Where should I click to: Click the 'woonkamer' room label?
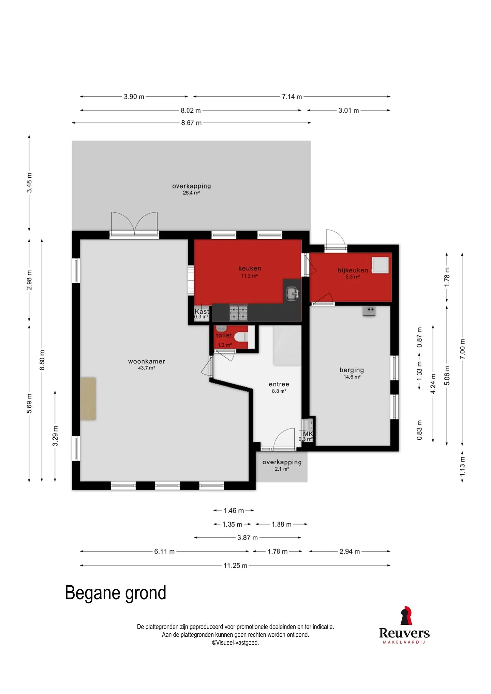tap(147, 361)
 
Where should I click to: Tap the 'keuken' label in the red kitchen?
tap(250, 268)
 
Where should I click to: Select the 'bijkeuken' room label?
tap(353, 270)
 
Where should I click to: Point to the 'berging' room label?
tap(352, 370)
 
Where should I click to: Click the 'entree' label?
tap(279, 384)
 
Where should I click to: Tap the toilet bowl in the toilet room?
tap(243, 337)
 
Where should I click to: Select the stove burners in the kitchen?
tap(238, 313)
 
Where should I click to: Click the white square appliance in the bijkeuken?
tap(380, 265)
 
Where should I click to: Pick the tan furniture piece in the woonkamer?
tap(88, 398)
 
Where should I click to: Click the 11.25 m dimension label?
tap(235, 565)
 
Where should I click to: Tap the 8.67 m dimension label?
tap(191, 123)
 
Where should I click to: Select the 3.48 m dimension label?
tap(30, 183)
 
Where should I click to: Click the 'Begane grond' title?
tap(116, 593)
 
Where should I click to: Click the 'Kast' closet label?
tap(202, 311)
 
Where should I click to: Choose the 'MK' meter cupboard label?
tap(308, 434)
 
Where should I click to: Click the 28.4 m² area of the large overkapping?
tap(191, 193)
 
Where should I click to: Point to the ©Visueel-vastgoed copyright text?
tap(235, 643)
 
